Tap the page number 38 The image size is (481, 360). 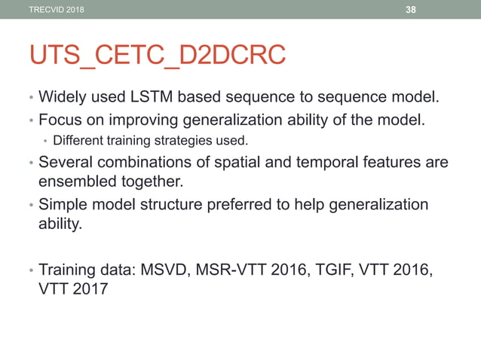tap(411, 9)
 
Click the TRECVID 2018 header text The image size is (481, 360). tap(57, 9)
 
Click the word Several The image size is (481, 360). tap(66, 163)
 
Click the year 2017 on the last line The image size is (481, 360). tap(91, 288)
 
